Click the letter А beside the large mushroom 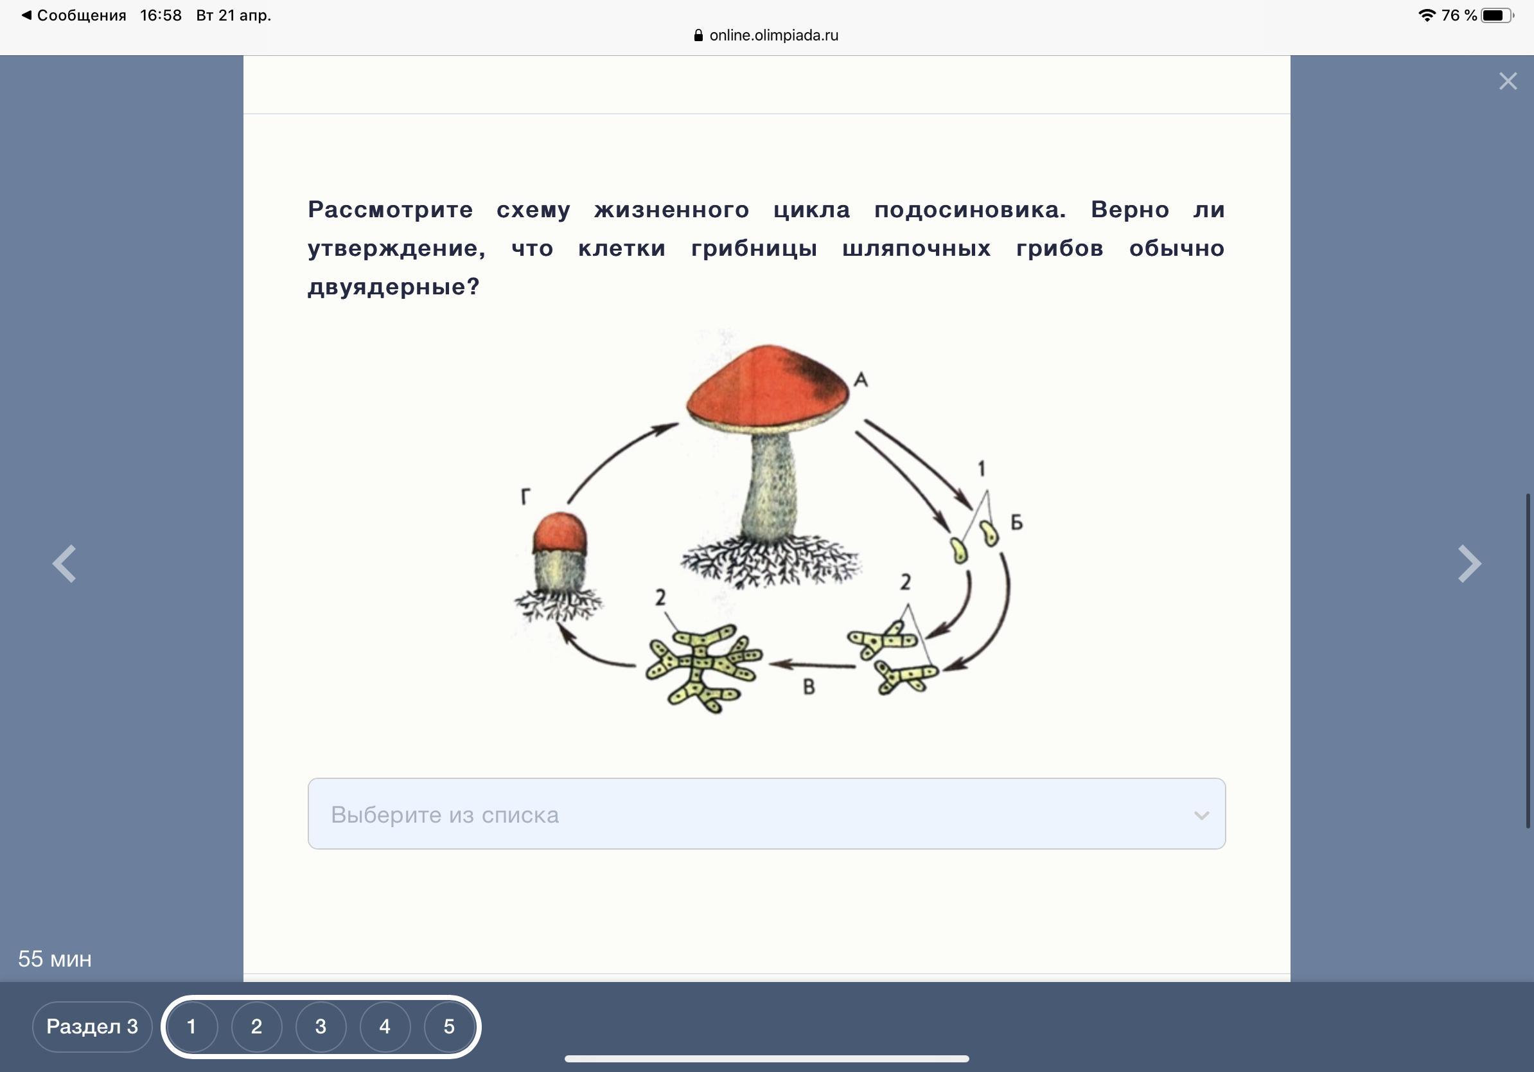tap(861, 380)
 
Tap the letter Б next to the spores tap(1016, 522)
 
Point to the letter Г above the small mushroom tap(526, 497)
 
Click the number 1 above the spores tap(982, 469)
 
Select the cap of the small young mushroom tap(560, 533)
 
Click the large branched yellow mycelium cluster tap(703, 668)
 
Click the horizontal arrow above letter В tap(811, 665)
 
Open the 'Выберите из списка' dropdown tap(766, 814)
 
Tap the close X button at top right tap(1508, 82)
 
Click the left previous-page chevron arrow tap(64, 564)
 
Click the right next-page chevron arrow tap(1469, 564)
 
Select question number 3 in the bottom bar tap(321, 1026)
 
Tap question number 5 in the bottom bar tap(449, 1026)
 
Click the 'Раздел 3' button tap(93, 1026)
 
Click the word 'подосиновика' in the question tap(970, 210)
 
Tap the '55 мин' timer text tap(55, 959)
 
